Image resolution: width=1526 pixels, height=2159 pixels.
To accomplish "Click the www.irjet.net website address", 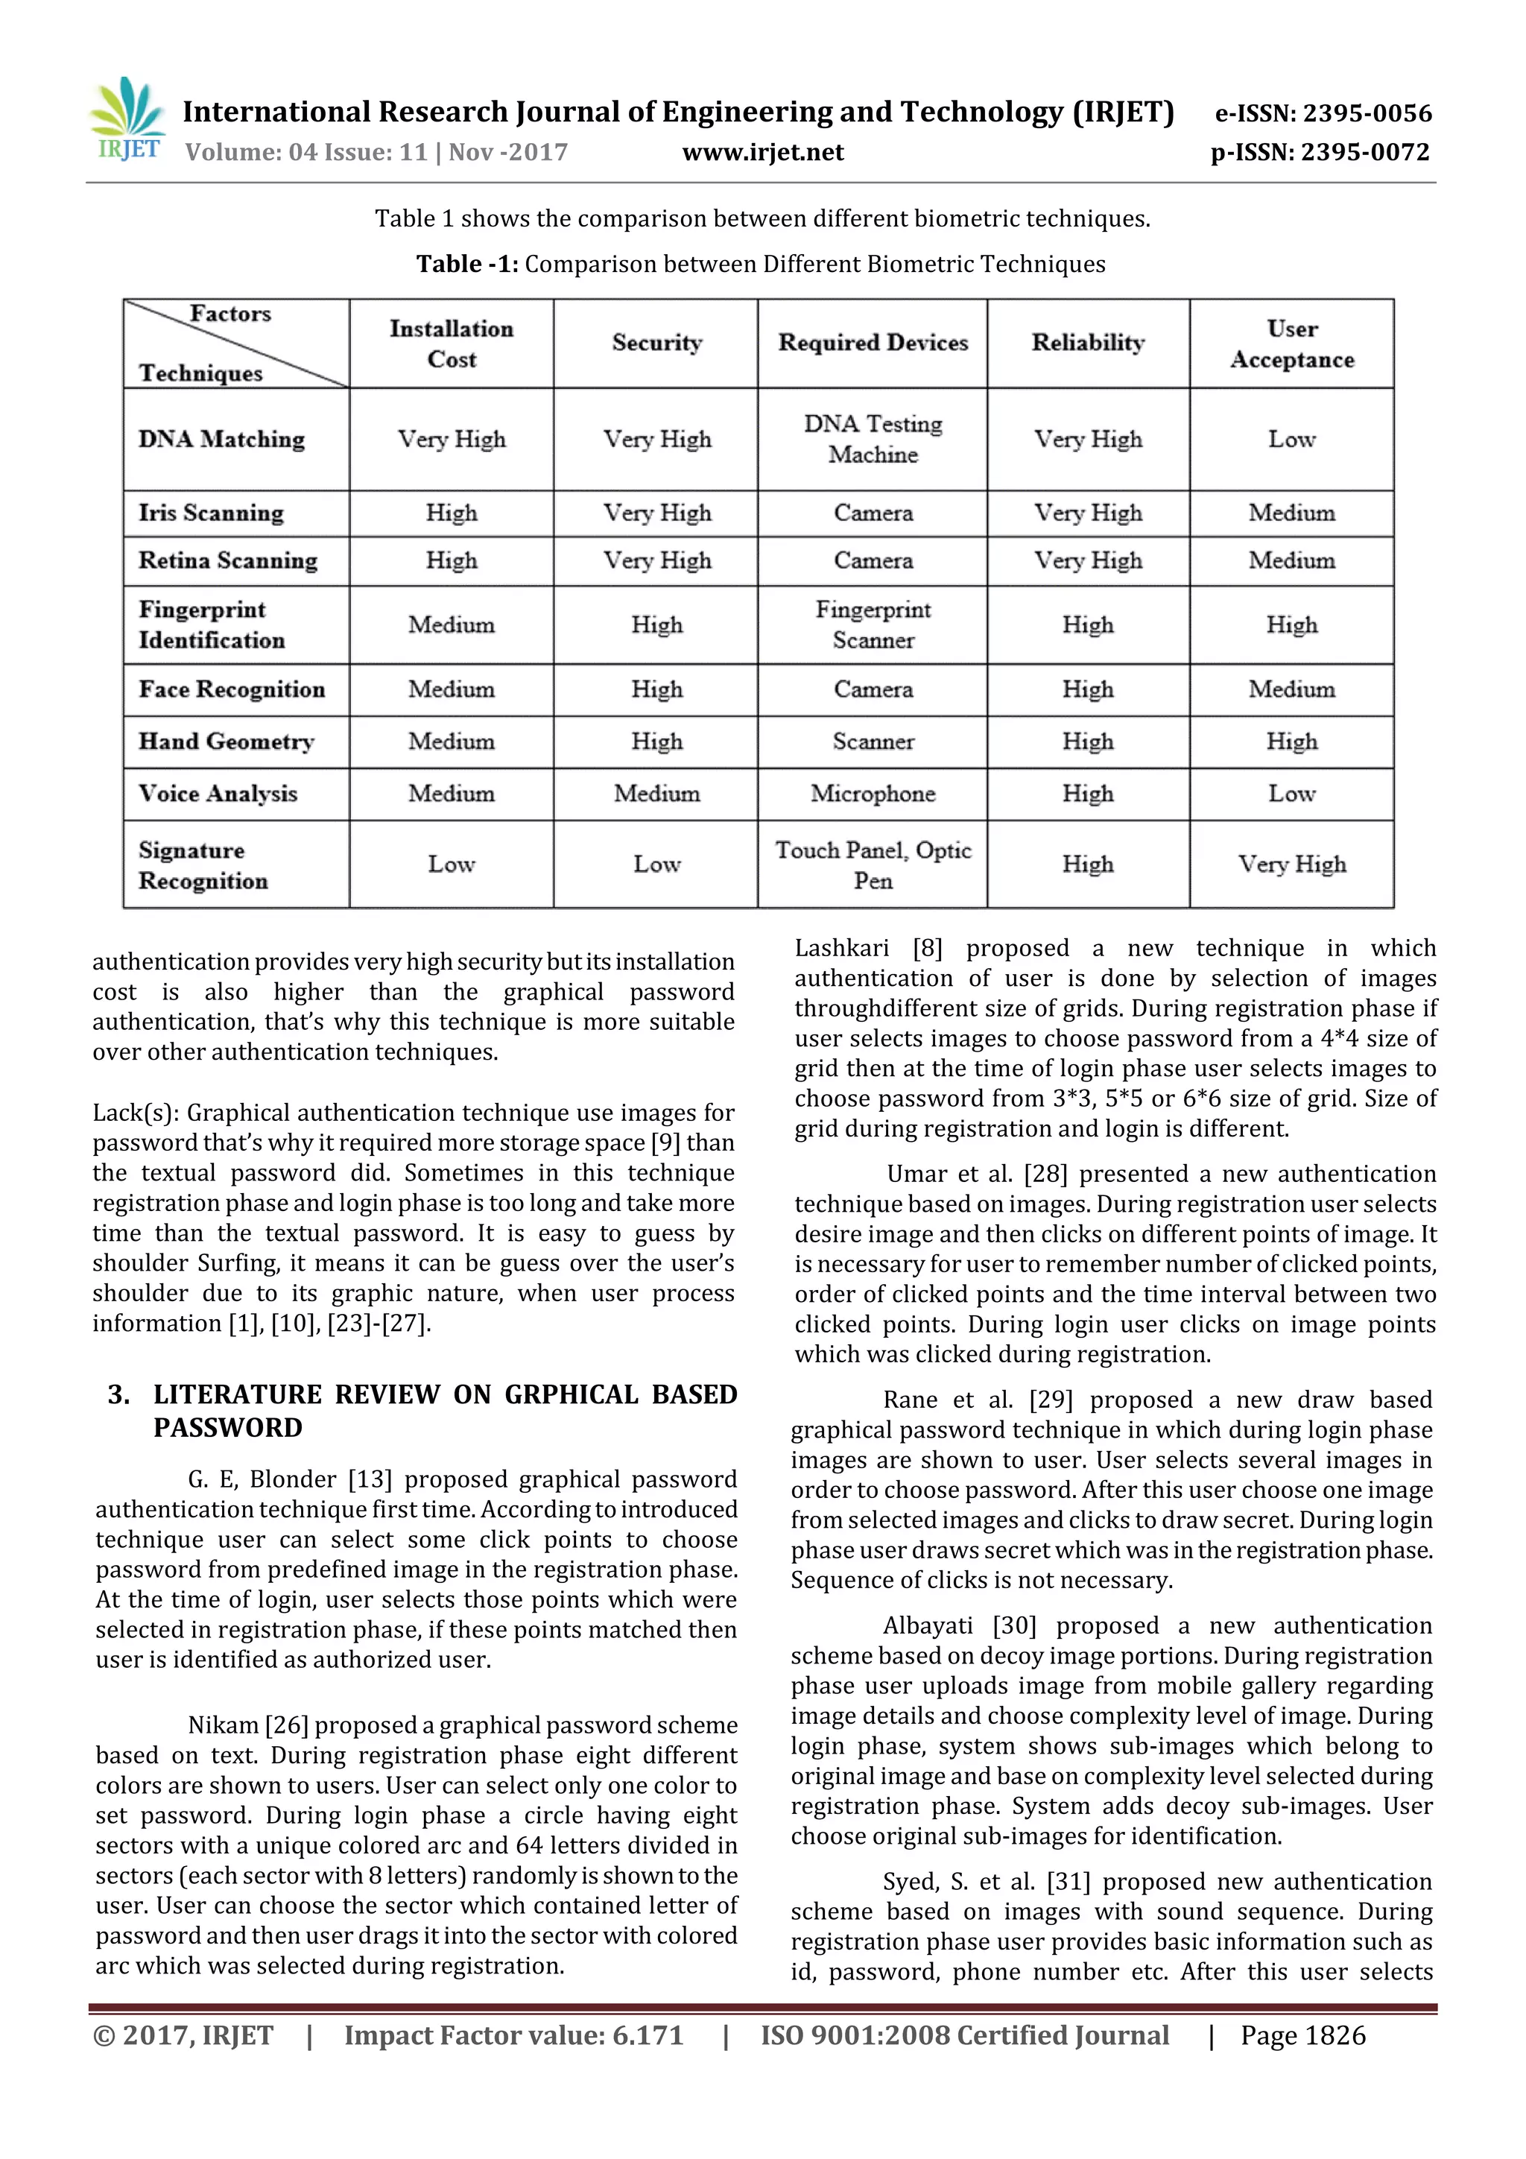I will (x=762, y=152).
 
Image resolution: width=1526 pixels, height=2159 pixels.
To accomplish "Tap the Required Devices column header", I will (x=873, y=344).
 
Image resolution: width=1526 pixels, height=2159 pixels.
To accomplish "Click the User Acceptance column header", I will (x=1292, y=344).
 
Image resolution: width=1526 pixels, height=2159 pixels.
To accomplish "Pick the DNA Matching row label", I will (x=222, y=439).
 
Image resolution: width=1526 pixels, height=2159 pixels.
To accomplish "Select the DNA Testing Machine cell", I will (x=873, y=439).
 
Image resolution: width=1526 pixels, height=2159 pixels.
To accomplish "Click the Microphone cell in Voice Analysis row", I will (x=873, y=794).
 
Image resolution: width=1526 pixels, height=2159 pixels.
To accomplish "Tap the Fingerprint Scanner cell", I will (x=873, y=625).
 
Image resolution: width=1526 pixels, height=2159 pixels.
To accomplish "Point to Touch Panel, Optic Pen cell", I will (x=873, y=865).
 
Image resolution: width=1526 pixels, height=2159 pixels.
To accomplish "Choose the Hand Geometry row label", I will (x=227, y=742).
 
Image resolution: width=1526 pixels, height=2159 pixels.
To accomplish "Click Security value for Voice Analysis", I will (x=656, y=794).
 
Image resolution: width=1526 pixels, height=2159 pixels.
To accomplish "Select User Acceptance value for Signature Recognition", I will (x=1292, y=864).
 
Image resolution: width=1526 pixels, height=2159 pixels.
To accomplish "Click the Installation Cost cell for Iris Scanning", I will (x=452, y=513).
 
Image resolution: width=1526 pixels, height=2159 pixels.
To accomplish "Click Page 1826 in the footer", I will (x=1302, y=2036).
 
